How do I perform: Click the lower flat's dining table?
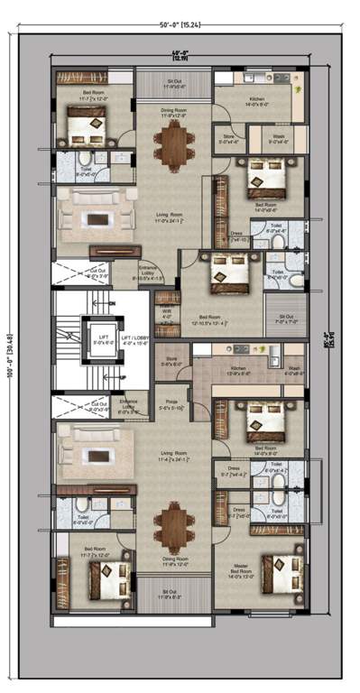(171, 525)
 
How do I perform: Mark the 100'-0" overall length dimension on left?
(9, 347)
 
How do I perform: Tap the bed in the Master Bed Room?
(273, 575)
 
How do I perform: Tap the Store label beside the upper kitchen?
(228, 139)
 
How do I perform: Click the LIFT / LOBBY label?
(133, 337)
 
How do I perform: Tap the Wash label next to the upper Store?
(279, 139)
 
